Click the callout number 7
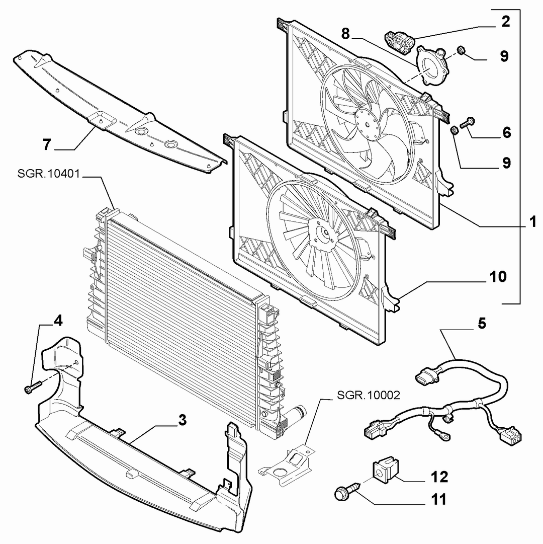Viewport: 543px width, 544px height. (47, 144)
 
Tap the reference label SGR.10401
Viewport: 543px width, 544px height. (48, 173)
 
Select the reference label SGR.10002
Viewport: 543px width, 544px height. (369, 395)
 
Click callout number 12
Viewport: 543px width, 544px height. (439, 477)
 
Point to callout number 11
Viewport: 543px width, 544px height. (439, 500)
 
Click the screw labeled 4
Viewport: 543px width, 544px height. (33, 387)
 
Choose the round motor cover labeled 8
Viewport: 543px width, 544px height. (431, 66)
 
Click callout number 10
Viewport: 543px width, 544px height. (498, 276)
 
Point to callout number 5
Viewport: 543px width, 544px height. (482, 323)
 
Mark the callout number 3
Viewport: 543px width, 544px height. (183, 420)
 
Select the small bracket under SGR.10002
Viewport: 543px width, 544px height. (287, 465)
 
